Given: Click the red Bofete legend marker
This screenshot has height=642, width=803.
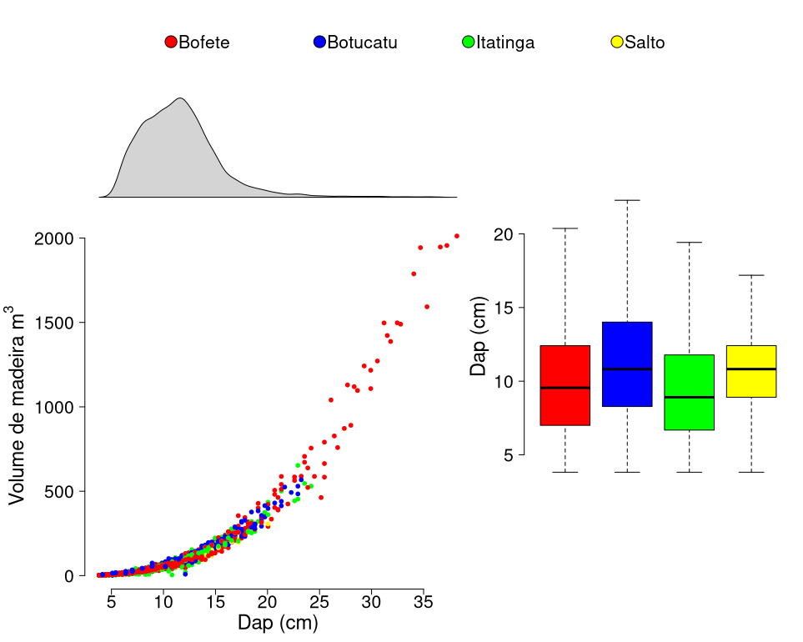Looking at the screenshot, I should (171, 43).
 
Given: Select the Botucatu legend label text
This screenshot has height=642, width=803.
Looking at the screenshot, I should (362, 43).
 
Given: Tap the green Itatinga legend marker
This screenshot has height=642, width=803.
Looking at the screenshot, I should (469, 43).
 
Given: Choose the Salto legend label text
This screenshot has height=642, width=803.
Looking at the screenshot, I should (645, 43).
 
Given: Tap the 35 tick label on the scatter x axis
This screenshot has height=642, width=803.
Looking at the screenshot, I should (424, 600).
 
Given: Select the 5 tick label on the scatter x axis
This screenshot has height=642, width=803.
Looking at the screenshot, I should (112, 600).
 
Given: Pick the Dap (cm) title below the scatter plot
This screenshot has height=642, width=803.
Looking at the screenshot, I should (278, 623).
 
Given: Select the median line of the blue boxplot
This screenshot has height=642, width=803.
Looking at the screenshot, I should (627, 369).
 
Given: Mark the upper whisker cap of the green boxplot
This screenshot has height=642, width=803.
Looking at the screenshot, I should (690, 243).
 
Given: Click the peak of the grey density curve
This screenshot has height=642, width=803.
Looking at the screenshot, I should (180, 98).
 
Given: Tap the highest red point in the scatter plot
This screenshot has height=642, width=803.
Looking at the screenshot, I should (457, 236).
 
